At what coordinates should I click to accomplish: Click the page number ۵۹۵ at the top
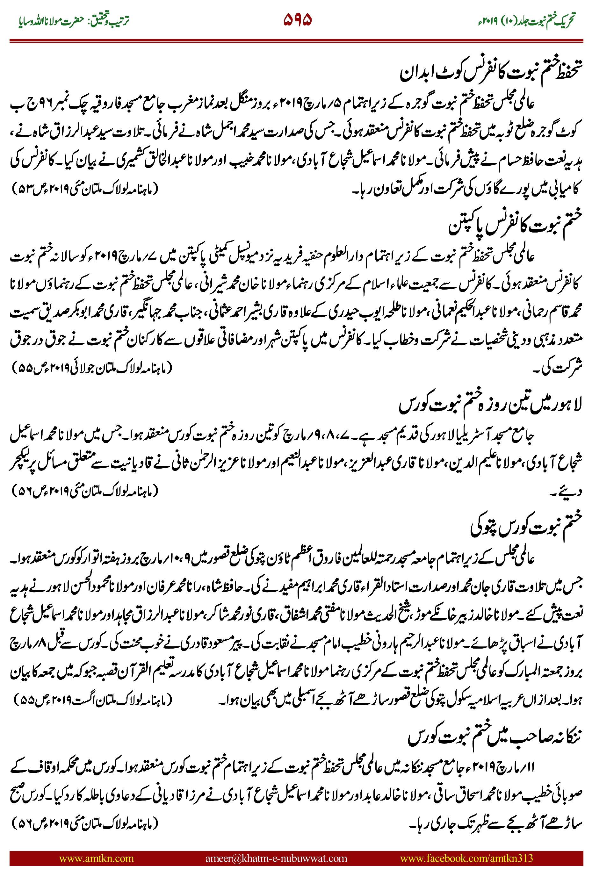tap(297, 20)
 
